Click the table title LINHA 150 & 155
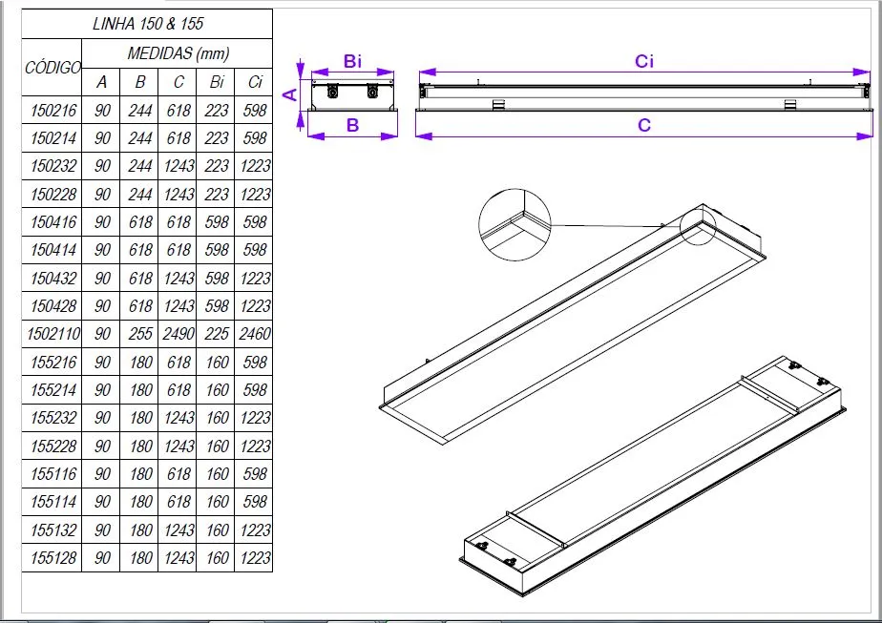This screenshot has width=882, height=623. (x=147, y=24)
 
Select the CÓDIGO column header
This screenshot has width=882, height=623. (x=52, y=69)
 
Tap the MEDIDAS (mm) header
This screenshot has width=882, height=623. (x=178, y=53)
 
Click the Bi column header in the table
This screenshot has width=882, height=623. (x=217, y=82)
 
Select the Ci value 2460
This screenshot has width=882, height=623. (x=255, y=335)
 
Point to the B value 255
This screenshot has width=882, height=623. (x=139, y=335)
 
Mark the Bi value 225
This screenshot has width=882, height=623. (x=217, y=335)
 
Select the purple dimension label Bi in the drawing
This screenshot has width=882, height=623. (x=353, y=62)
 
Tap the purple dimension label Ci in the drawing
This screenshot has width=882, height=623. (x=644, y=62)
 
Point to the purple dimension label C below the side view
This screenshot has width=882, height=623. (x=644, y=125)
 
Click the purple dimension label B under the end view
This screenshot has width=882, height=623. (x=352, y=125)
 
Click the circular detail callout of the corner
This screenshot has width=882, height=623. (x=514, y=225)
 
